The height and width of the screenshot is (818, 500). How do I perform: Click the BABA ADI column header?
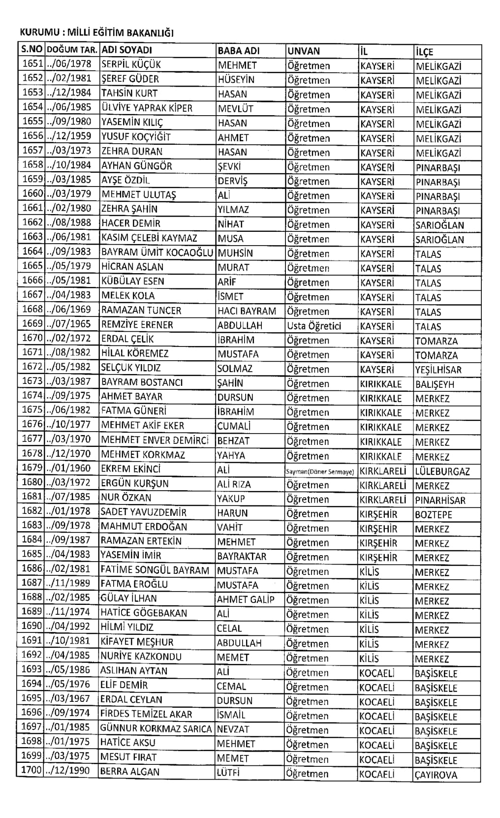[x=238, y=50]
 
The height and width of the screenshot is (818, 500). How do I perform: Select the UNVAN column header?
[x=303, y=51]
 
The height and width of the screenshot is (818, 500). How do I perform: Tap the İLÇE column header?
[x=424, y=52]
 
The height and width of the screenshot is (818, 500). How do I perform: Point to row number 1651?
[x=33, y=64]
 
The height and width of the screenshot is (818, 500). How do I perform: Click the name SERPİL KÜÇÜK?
[x=131, y=64]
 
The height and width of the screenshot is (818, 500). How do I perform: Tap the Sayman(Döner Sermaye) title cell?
[x=320, y=472]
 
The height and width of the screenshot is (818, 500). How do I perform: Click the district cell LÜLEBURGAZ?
[x=442, y=472]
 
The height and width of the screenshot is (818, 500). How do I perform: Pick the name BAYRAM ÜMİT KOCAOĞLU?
[x=157, y=252]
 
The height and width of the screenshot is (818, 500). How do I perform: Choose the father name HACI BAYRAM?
[x=247, y=311]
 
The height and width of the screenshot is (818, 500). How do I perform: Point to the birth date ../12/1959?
[x=69, y=137]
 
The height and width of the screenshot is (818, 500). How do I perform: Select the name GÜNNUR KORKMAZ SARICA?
[x=156, y=729]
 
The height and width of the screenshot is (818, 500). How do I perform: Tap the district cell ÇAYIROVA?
[x=436, y=775]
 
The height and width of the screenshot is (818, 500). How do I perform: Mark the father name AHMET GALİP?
[x=245, y=599]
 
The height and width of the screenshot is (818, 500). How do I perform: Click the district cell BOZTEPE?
[x=433, y=515]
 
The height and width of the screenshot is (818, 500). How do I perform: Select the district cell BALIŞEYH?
[x=435, y=384]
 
